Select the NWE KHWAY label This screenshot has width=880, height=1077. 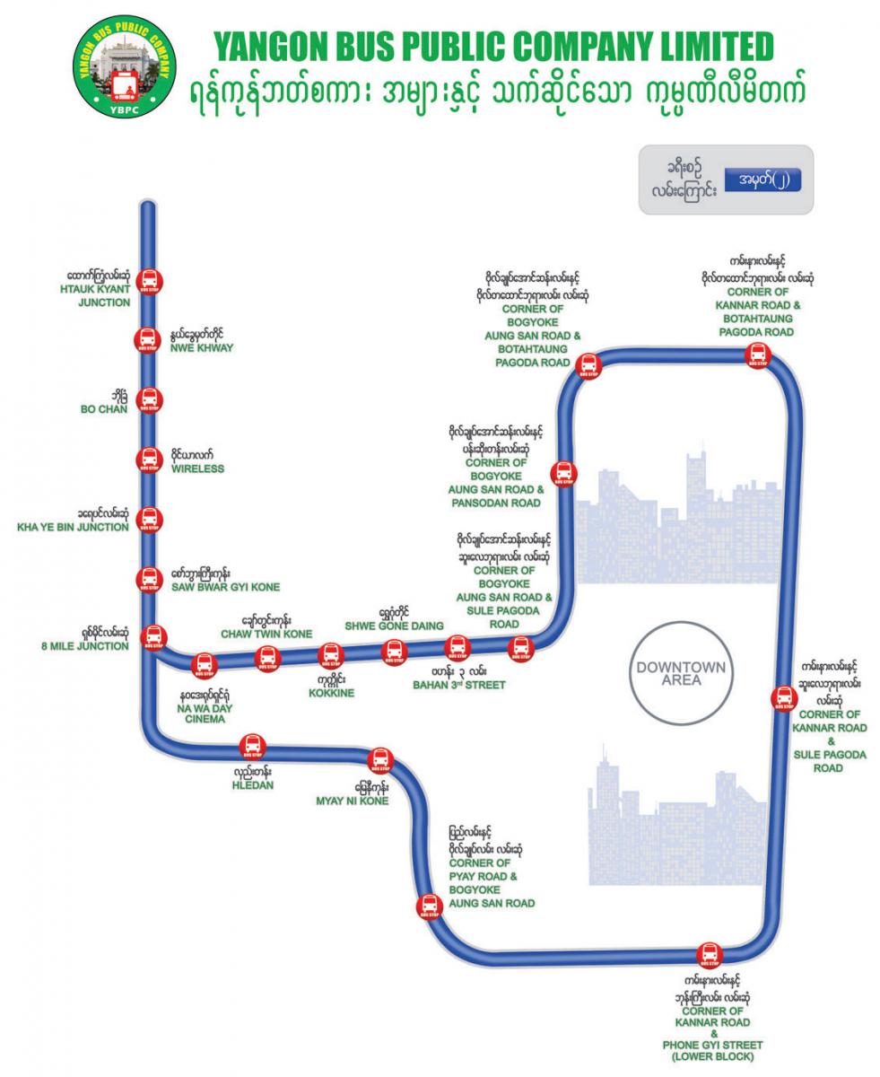(202, 347)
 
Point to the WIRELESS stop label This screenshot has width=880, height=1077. (197, 468)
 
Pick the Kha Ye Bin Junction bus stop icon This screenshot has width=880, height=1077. (149, 520)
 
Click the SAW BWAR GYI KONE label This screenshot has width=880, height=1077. (225, 587)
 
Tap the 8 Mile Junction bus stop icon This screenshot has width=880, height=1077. (154, 636)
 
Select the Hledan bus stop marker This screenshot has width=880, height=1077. (252, 746)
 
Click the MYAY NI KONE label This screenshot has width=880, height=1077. (352, 801)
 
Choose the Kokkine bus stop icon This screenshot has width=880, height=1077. (331, 655)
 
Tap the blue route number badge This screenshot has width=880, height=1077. (762, 179)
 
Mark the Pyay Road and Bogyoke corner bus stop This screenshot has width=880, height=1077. (430, 906)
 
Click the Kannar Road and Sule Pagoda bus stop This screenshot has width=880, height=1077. (782, 699)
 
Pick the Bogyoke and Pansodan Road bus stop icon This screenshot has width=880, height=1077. (563, 473)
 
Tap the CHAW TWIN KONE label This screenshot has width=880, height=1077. (266, 634)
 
